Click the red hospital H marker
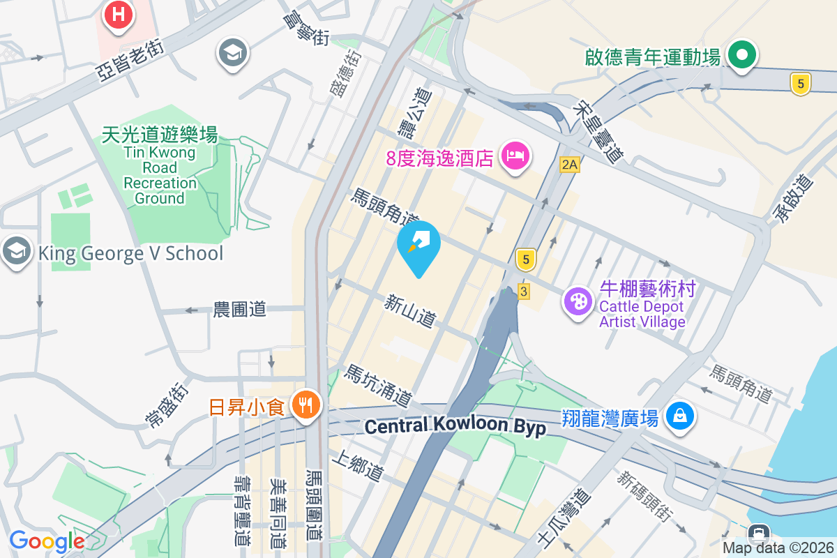119,15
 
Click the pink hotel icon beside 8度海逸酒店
515,155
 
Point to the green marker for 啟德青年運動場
743,55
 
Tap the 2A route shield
570,165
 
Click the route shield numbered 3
523,292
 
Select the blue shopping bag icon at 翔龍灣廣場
678,416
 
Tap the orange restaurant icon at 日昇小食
305,404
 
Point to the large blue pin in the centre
419,246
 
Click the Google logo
47,541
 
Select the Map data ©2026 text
778,548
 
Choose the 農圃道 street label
240,310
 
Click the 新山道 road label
410,311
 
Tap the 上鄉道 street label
359,465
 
